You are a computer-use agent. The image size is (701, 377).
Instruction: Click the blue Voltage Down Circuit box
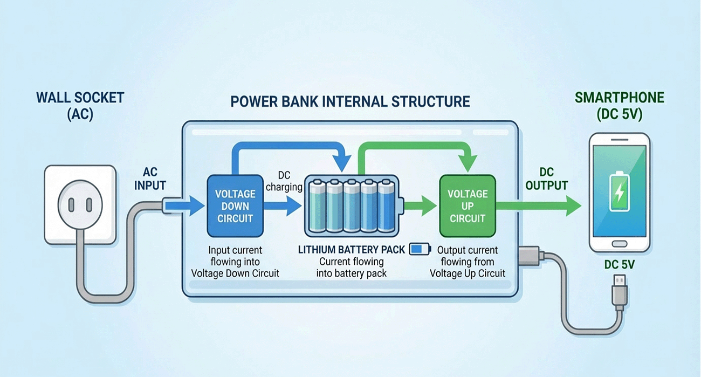[235, 207]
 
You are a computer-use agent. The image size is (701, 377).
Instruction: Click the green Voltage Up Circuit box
[467, 206]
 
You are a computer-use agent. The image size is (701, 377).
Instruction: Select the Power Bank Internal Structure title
[350, 101]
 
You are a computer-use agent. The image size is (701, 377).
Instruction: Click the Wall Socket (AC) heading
[80, 106]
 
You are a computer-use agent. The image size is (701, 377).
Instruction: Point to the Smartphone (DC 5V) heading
[619, 106]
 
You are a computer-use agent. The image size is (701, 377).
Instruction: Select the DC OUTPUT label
[546, 178]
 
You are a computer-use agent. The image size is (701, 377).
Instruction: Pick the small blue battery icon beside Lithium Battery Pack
[420, 249]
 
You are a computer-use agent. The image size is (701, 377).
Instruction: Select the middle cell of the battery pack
[352, 207]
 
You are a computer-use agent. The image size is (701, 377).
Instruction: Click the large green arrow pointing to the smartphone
[539, 205]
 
